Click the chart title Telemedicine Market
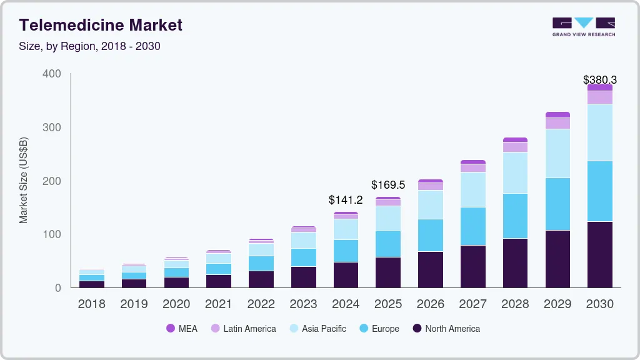pos(101,25)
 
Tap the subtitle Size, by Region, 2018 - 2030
pos(90,46)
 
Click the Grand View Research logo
pos(583,26)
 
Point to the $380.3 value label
pos(599,80)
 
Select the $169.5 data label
pos(388,185)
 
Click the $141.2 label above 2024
pos(346,200)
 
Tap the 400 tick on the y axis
pos(52,74)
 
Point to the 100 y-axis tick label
pos(52,234)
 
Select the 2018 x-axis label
pos(91,304)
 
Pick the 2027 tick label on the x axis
pos(472,304)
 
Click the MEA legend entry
pos(182,329)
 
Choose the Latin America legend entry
pos(243,329)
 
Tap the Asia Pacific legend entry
pos(317,329)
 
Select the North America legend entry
pos(446,329)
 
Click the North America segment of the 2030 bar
pos(599,254)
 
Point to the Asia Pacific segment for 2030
pos(599,132)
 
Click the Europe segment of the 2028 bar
pos(515,216)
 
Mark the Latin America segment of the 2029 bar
pos(557,123)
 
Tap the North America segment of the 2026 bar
pos(430,269)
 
